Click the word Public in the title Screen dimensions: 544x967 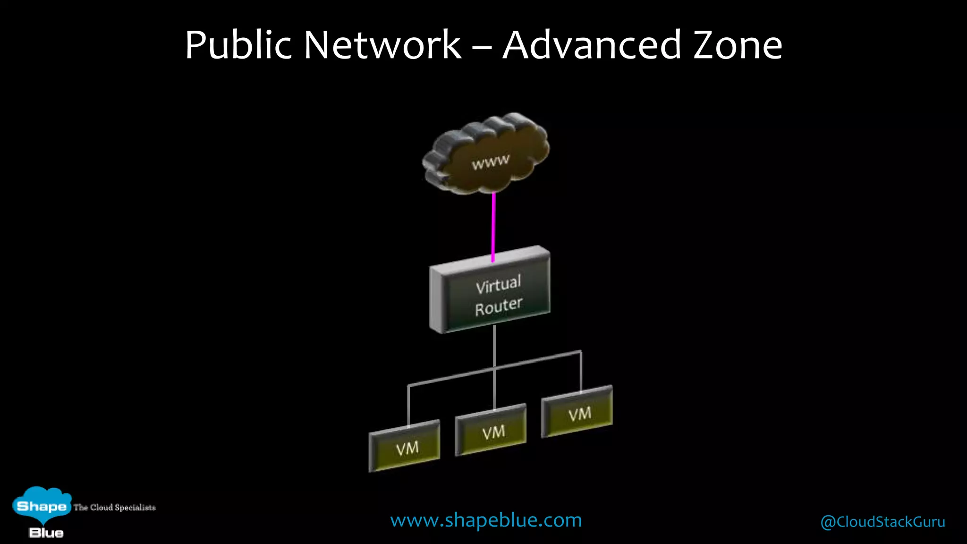pyautogui.click(x=238, y=45)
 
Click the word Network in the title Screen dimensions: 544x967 pyautogui.click(x=382, y=45)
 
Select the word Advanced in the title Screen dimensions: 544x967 pyautogui.click(x=592, y=45)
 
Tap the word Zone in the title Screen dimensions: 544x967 pyautogui.click(x=738, y=45)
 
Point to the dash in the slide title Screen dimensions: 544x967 pyautogui.click(x=482, y=47)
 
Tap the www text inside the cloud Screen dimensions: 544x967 pyautogui.click(x=491, y=162)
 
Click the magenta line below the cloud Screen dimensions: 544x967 pyautogui.click(x=493, y=227)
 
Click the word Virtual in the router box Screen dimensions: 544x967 pyautogui.click(x=498, y=284)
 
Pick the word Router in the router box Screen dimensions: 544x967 pyautogui.click(x=499, y=306)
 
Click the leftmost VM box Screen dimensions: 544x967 pyautogui.click(x=405, y=447)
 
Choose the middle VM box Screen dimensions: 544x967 pyautogui.click(x=491, y=430)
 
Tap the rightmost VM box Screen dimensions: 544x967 pyautogui.click(x=577, y=412)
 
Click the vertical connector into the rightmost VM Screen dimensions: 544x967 pyautogui.click(x=581, y=372)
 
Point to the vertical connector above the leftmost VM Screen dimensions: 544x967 pyautogui.click(x=408, y=405)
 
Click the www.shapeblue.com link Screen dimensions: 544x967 pyautogui.click(x=486, y=520)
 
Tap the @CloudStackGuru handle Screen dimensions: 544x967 pyautogui.click(x=882, y=522)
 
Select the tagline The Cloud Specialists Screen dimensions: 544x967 pyautogui.click(x=114, y=507)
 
